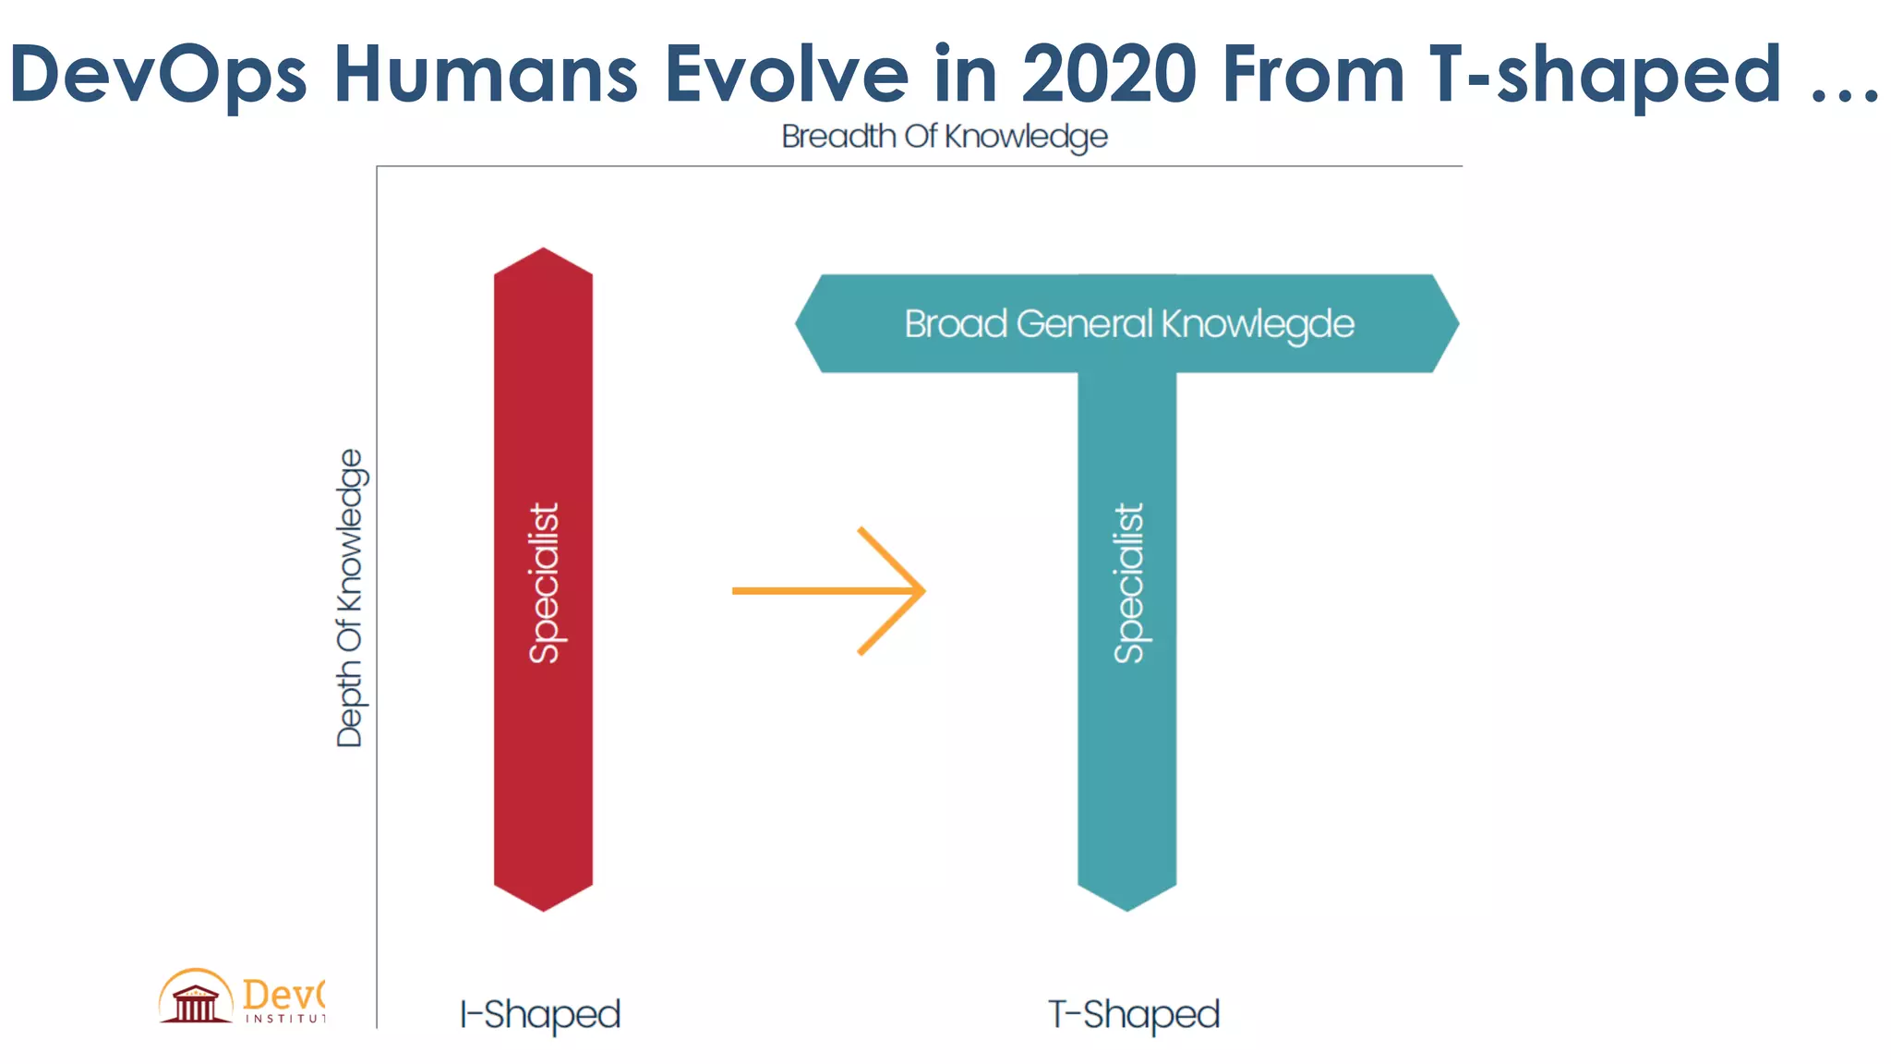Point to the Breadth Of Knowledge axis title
(x=944, y=137)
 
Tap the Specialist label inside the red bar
(x=544, y=583)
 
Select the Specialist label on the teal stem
(x=1128, y=583)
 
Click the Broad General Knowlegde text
(x=1128, y=324)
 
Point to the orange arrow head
(x=909, y=590)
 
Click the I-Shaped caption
(x=540, y=1014)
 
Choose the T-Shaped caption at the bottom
(x=1134, y=1014)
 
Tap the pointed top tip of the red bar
(x=544, y=252)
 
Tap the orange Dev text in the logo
(x=282, y=994)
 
